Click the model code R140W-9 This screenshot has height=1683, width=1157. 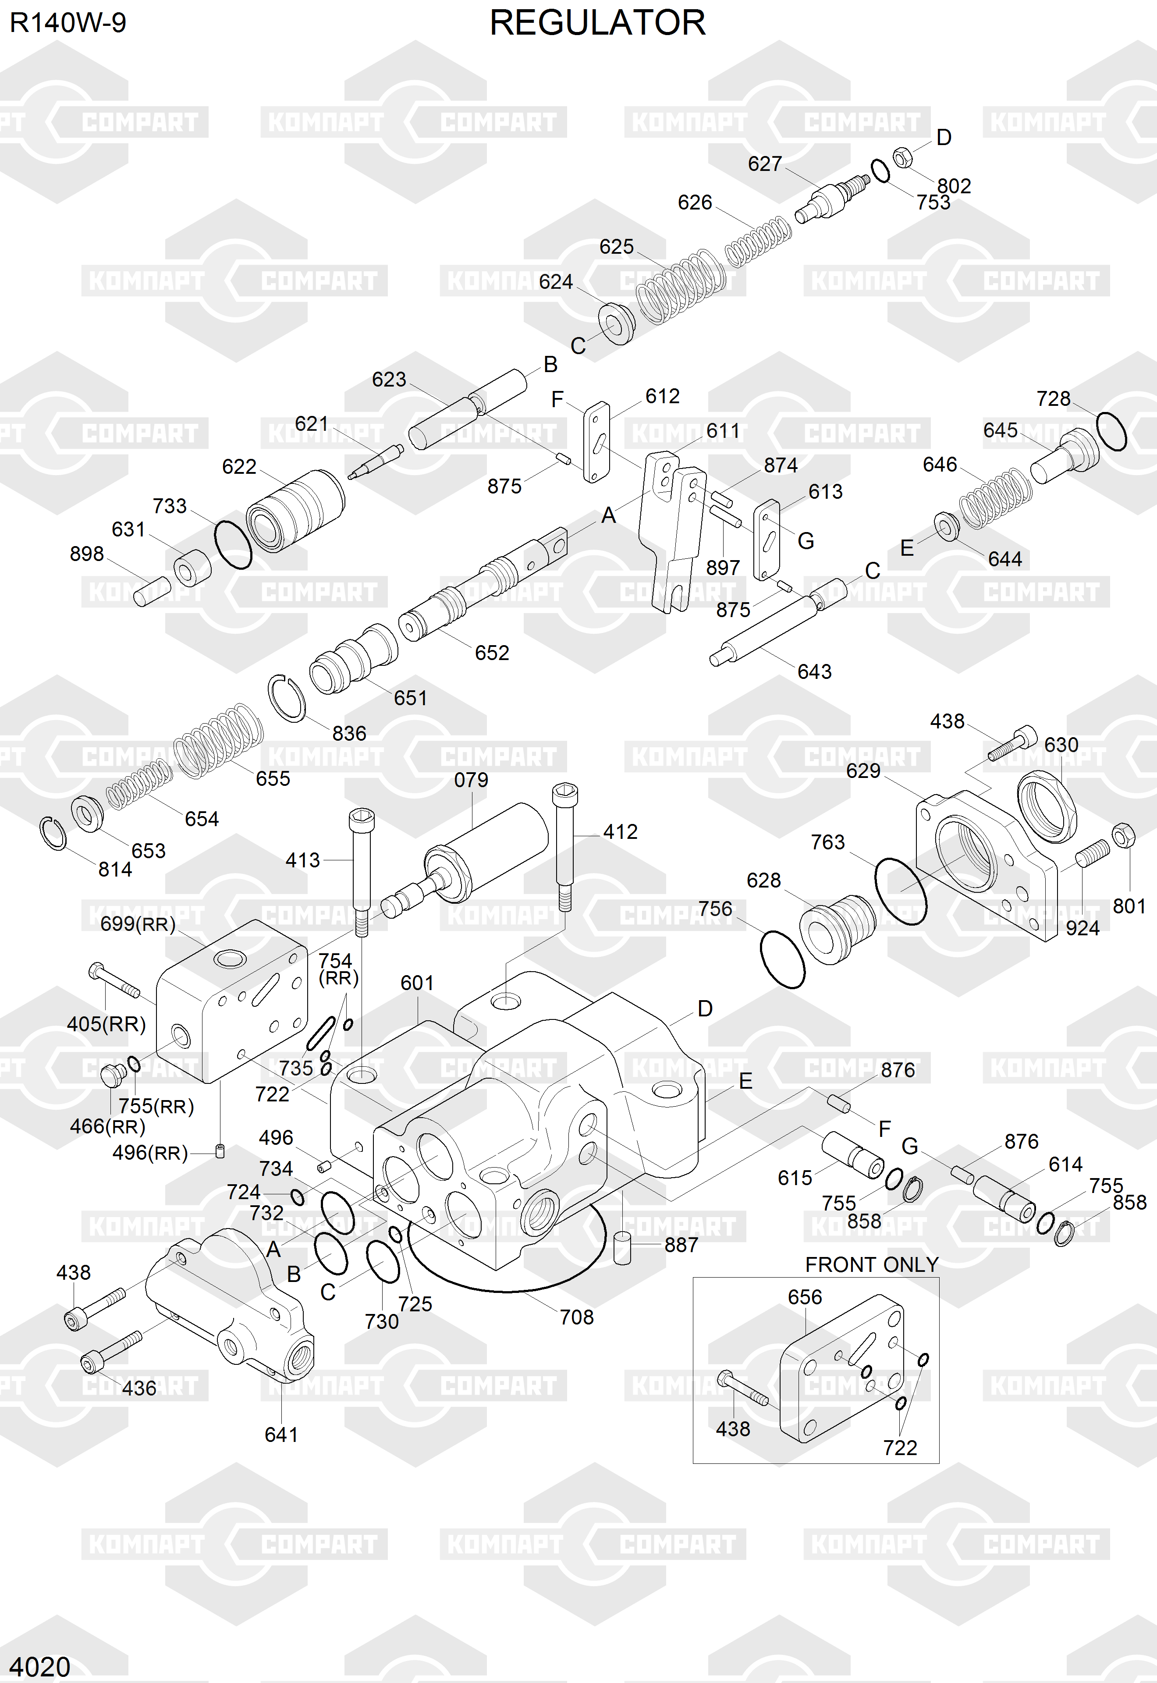(x=68, y=23)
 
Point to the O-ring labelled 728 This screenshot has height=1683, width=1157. (x=1111, y=431)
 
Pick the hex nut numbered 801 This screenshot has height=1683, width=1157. (x=1122, y=835)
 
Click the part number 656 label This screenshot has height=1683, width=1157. (x=805, y=1297)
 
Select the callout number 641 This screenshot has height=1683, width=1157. (x=281, y=1434)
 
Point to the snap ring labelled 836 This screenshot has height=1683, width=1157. (x=287, y=698)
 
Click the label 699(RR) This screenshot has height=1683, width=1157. (x=138, y=924)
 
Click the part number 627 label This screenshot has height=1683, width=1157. (x=765, y=164)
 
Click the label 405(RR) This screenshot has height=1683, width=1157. (x=106, y=1024)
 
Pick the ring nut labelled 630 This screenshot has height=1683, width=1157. (x=1047, y=807)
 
